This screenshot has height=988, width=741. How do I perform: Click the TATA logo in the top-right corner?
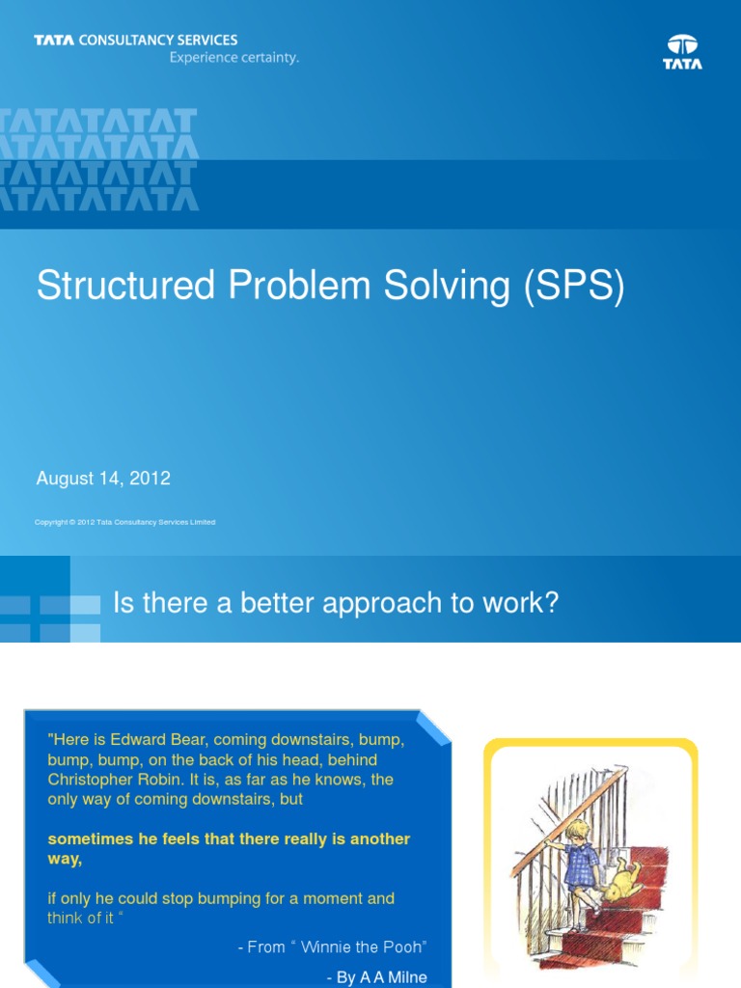click(x=682, y=52)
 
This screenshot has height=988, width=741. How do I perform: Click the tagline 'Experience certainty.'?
click(x=234, y=58)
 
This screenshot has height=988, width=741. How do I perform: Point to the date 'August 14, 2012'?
click(x=103, y=478)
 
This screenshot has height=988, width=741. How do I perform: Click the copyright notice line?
click(x=124, y=522)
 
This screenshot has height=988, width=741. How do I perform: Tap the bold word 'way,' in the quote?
click(x=65, y=859)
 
